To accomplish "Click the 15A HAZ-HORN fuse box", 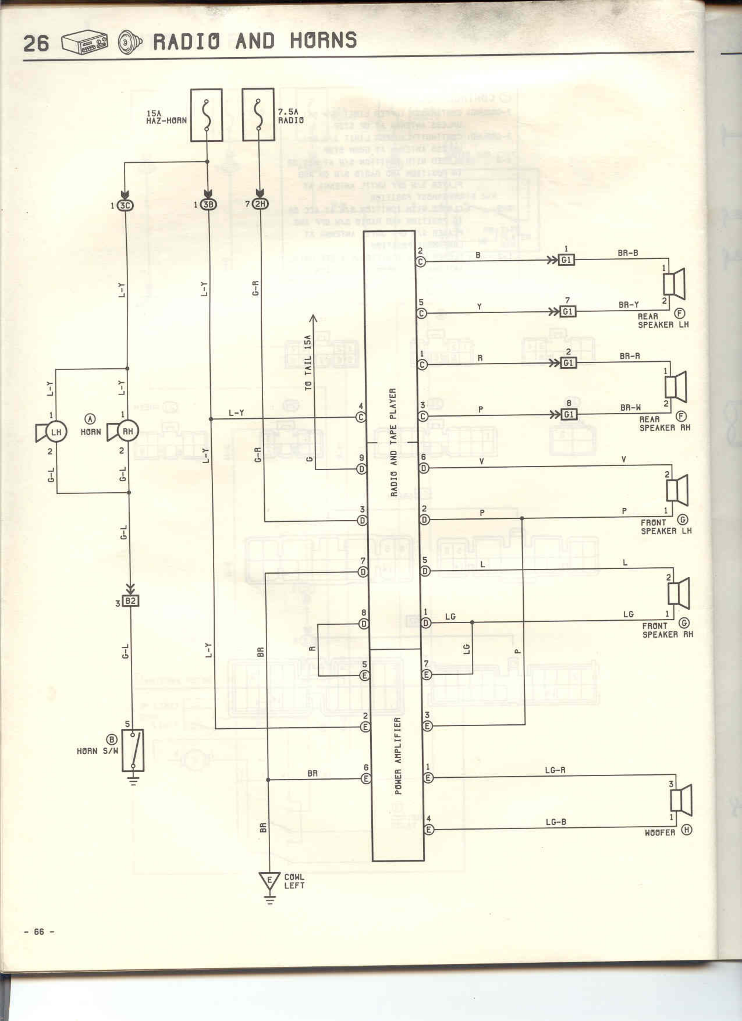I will [x=206, y=115].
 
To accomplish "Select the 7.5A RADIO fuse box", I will [x=258, y=114].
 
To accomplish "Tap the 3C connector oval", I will [x=126, y=205].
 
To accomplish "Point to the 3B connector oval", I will [x=208, y=205].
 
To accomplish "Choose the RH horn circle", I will [x=128, y=431].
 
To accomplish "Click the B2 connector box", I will [x=131, y=601].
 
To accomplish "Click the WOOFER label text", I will [x=660, y=833].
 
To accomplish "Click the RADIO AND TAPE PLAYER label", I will [x=393, y=442].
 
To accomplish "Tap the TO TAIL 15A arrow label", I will [x=308, y=362].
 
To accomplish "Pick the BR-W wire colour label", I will [x=630, y=408].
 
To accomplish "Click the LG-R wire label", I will [x=555, y=770].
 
